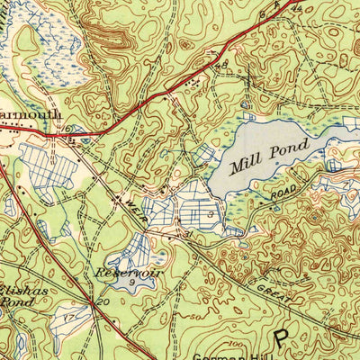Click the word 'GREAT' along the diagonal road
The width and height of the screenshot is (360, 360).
pos(273,292)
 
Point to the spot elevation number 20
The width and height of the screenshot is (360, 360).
pos(104,302)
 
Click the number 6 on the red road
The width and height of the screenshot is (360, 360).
pos(66,129)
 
